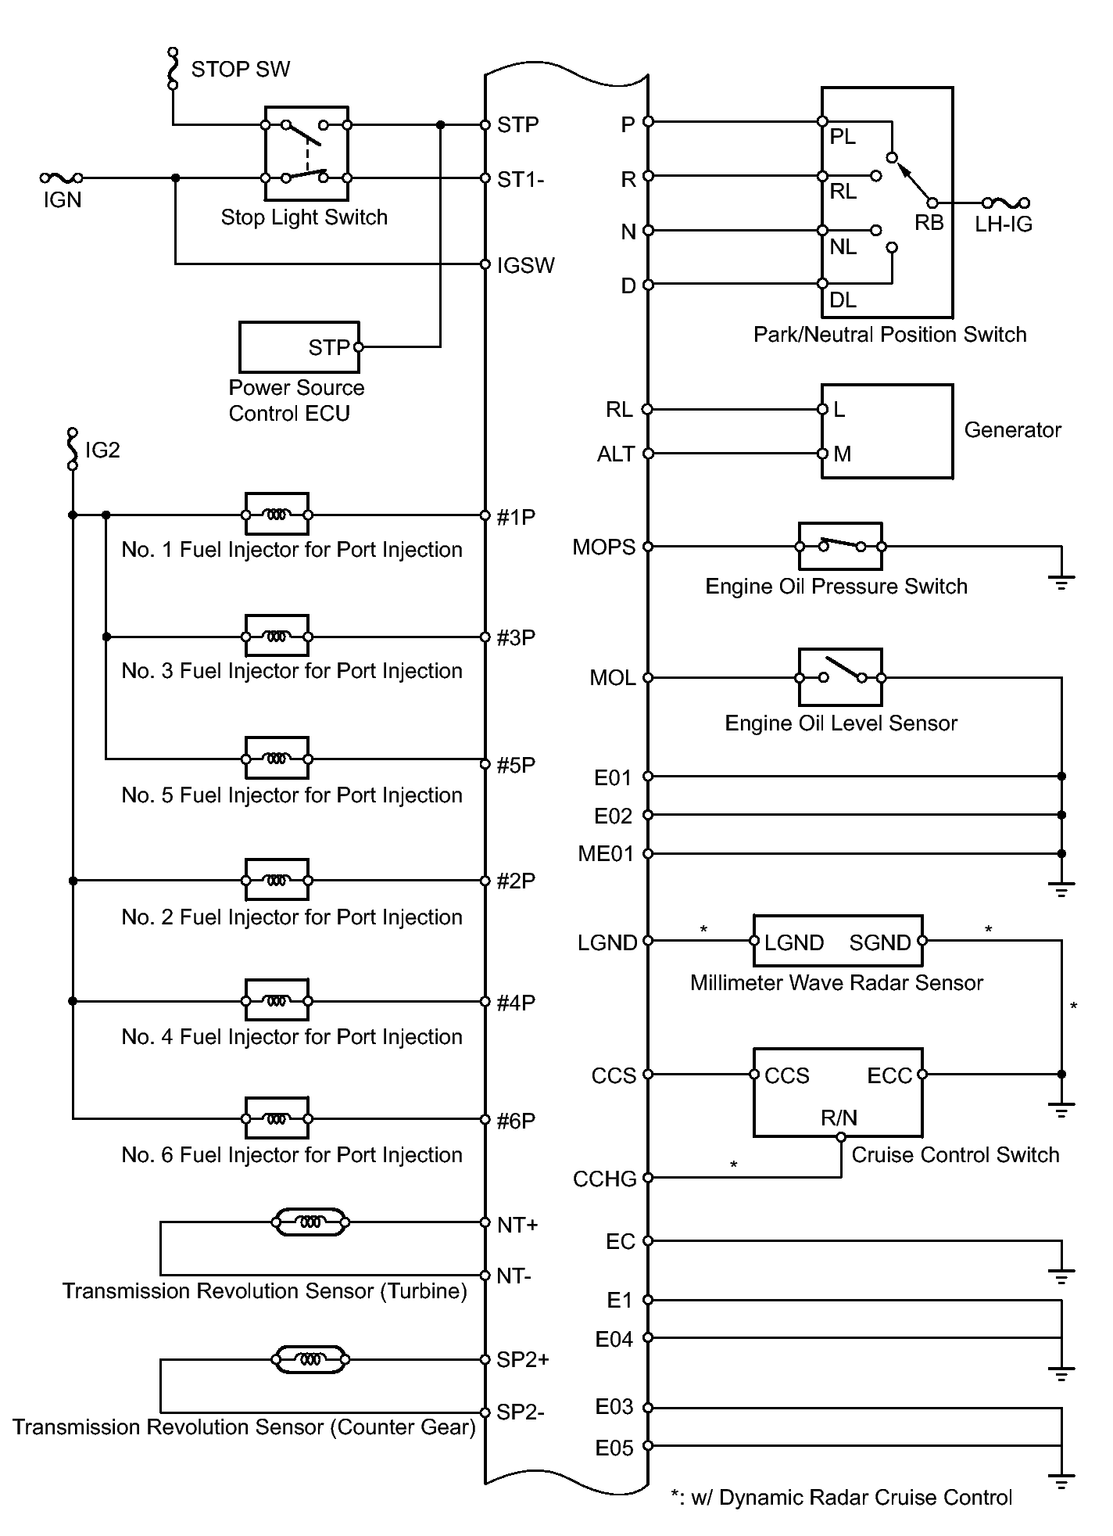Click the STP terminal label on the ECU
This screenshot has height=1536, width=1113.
tap(517, 125)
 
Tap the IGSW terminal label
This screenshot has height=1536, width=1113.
tap(525, 265)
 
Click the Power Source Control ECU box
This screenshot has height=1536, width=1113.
tap(299, 346)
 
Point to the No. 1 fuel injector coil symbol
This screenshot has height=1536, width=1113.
tap(277, 515)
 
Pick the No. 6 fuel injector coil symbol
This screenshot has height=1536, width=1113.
tap(277, 1118)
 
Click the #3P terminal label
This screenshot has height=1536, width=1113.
tap(516, 637)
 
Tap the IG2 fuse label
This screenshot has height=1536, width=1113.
tap(102, 450)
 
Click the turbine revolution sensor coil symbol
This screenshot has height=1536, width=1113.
tap(310, 1222)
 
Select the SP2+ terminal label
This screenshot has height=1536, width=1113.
tap(523, 1359)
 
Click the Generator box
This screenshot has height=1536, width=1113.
tap(887, 431)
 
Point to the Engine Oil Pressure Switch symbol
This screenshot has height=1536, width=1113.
tap(840, 546)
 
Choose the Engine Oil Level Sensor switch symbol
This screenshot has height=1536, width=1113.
tap(840, 676)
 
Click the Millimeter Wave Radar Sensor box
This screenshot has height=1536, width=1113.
tap(838, 942)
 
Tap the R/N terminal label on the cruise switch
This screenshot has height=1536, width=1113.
tap(839, 1118)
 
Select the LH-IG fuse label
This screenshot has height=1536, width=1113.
tap(1004, 224)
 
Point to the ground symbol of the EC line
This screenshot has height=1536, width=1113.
tap(1061, 1276)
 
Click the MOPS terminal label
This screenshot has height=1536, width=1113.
tap(603, 547)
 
